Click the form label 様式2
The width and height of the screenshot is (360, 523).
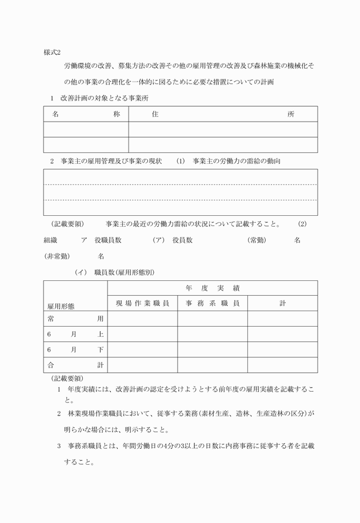pos(55,52)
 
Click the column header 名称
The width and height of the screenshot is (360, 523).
pos(86,114)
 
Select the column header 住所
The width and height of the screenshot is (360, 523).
pos(223,114)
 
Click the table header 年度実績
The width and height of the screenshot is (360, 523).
pos(212,288)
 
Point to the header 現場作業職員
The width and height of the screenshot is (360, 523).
pos(142,303)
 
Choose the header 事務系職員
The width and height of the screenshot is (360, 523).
pos(212,303)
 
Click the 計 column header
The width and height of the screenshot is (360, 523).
pos(282,303)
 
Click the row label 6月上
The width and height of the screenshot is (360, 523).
pos(75,334)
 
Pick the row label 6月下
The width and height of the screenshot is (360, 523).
pos(75,349)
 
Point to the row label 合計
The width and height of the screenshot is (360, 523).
pos(75,365)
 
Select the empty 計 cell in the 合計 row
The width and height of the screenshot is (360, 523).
pos(282,365)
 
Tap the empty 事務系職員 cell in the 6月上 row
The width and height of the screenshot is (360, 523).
pos(212,334)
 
